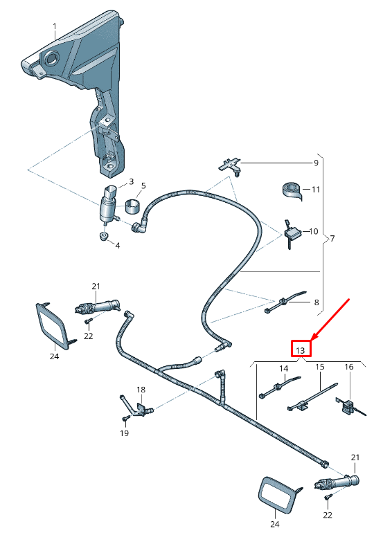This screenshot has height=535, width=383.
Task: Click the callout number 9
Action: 316,163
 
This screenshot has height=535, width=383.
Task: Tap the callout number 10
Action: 313,232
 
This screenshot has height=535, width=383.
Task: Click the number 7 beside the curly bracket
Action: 332,239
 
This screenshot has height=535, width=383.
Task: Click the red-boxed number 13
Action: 301,350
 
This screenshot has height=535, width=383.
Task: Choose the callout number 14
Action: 283,368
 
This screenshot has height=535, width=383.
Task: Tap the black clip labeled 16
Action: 348,406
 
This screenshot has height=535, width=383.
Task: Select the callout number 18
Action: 141,390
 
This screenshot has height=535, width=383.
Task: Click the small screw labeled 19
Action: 125,419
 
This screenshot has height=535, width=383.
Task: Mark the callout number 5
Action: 143,185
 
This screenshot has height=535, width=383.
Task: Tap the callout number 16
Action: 348,367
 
